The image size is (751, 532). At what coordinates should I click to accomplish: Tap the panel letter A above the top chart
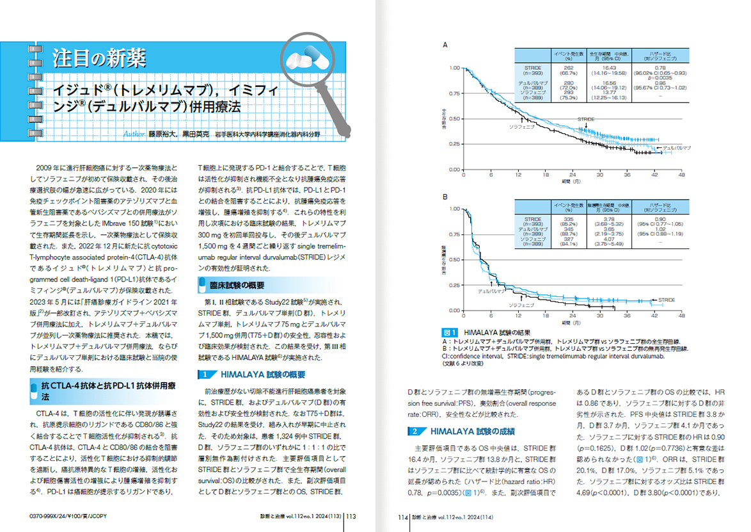445,45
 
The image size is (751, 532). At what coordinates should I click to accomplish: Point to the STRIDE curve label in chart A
585,120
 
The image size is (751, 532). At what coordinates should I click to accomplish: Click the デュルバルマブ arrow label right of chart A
676,148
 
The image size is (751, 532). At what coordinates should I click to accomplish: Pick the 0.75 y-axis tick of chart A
454,93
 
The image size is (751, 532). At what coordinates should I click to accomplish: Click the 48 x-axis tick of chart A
682,175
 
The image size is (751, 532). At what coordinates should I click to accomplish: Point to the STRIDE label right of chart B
667,300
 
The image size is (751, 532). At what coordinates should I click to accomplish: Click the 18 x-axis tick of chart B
545,316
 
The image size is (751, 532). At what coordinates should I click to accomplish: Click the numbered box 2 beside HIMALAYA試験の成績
416,431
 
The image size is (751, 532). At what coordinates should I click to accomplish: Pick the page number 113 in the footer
352,517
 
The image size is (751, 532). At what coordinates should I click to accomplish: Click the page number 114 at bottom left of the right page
403,517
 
